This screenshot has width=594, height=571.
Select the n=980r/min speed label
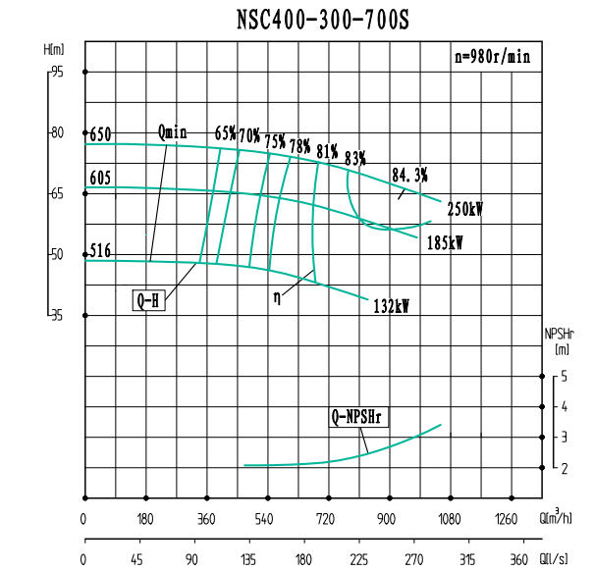coord(492,57)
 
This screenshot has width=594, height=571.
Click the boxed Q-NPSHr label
coord(360,418)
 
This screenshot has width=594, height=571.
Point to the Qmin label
coord(172,131)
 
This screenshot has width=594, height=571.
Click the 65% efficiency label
coord(225,133)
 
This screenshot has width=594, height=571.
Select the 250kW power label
coord(464,209)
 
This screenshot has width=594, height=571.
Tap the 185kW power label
coord(445,242)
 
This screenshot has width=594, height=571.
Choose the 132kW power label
coord(391,306)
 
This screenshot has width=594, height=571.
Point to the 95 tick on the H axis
coord(57,72)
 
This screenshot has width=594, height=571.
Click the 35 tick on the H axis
coord(57,315)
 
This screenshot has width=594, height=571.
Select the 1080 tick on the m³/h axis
coord(450,519)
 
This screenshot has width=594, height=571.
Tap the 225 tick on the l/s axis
coord(360,559)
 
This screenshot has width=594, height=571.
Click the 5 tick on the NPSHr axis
coord(564,377)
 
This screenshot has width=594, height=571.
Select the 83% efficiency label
coord(354,156)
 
